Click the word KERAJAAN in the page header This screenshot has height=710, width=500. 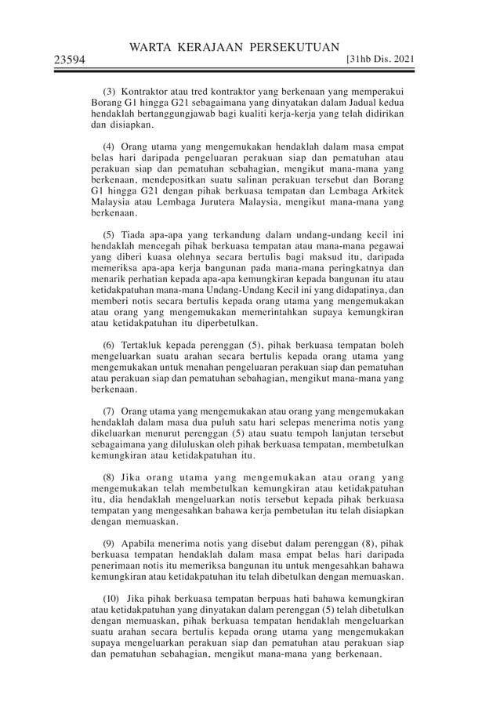tap(208, 46)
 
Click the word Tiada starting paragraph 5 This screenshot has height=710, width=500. tap(136, 234)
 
